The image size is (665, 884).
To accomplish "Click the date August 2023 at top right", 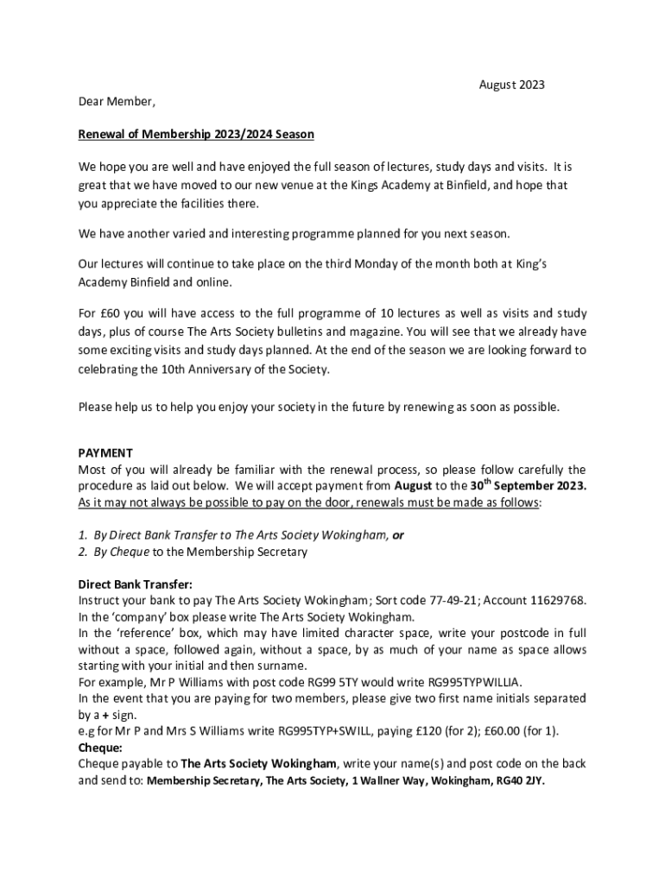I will click(511, 85).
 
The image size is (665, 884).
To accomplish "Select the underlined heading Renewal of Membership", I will click(196, 134).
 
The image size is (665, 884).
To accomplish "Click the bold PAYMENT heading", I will click(105, 452).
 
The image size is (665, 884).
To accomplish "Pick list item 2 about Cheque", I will click(192, 552).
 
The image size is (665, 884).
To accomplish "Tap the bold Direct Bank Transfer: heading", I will click(136, 584).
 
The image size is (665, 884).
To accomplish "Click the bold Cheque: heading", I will click(100, 747).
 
